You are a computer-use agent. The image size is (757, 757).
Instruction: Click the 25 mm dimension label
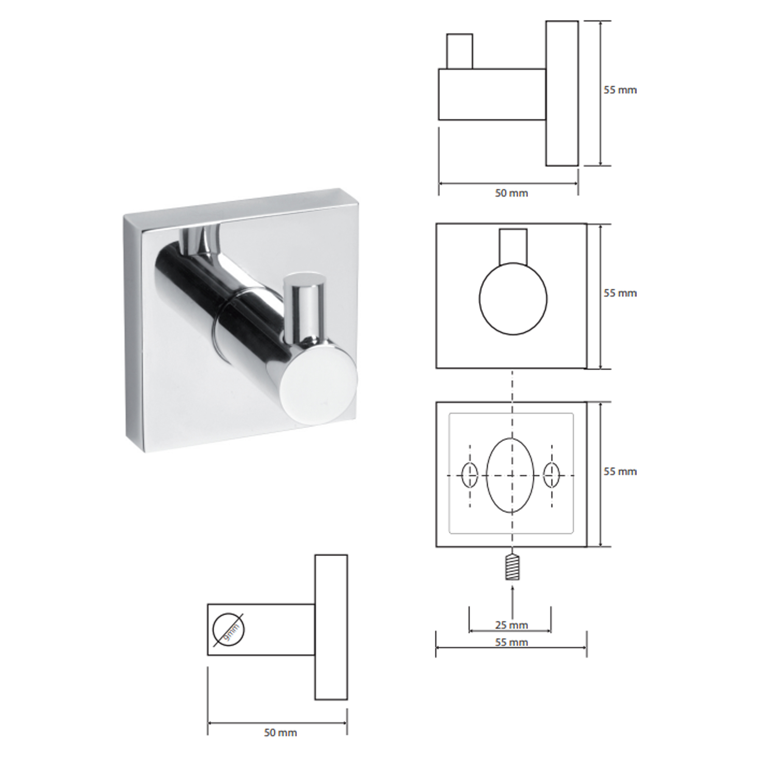tap(511, 625)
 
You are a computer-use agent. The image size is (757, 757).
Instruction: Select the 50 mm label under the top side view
tap(511, 193)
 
